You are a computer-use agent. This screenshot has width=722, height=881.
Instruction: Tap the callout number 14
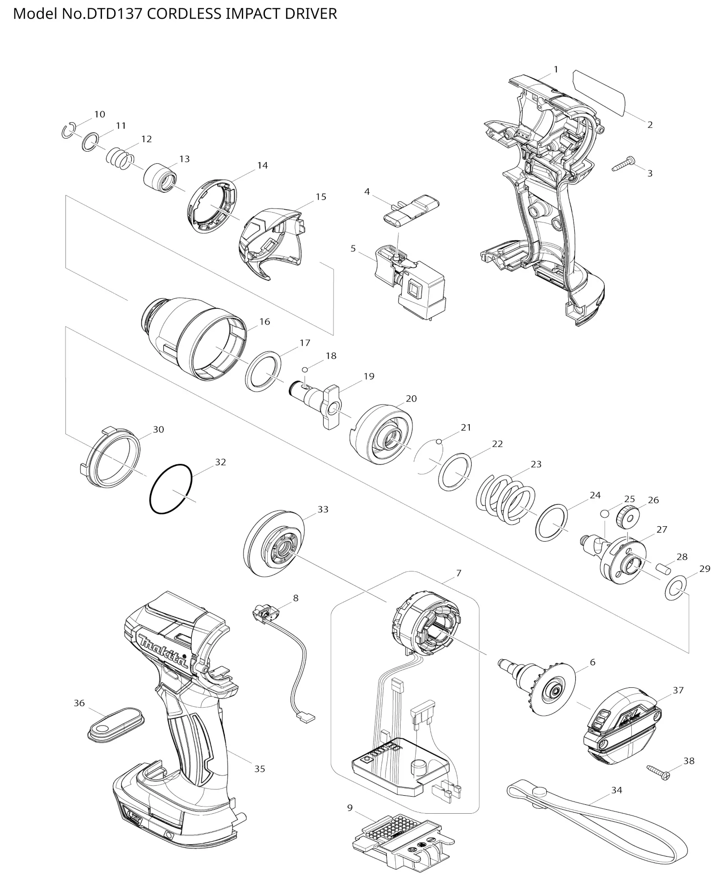pyautogui.click(x=262, y=166)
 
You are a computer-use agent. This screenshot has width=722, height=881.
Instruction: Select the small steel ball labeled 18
pyautogui.click(x=305, y=370)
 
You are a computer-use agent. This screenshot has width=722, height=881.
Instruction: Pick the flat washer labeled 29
pyautogui.click(x=676, y=589)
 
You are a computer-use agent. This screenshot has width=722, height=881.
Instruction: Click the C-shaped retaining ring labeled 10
pyautogui.click(x=68, y=131)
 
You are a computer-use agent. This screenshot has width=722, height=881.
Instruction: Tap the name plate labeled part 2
pyautogui.click(x=599, y=92)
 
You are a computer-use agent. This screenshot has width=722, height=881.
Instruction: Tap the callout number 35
pyautogui.click(x=259, y=769)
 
